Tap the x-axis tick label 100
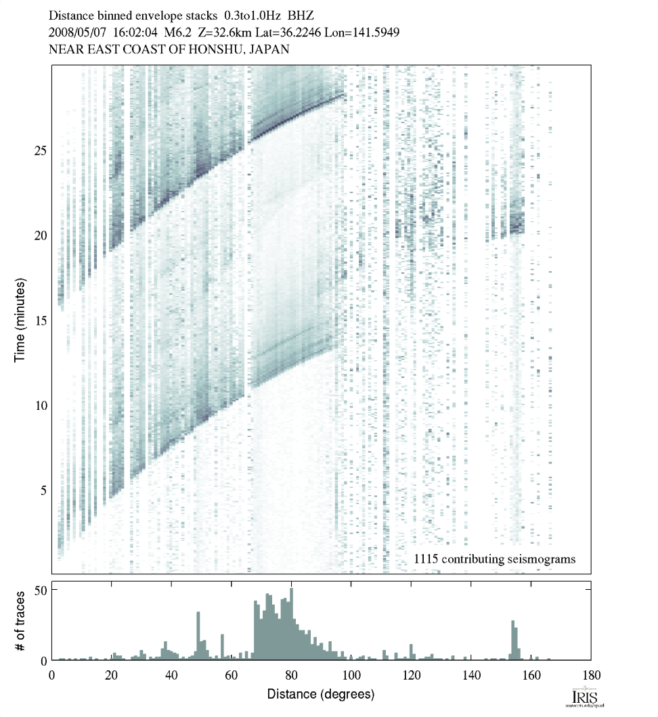tap(351, 674)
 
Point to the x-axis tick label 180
tap(590, 674)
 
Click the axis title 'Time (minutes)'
tap(20, 319)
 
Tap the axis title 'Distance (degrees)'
tap(321, 694)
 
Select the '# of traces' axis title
tap(20, 620)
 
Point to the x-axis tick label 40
tap(171, 674)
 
